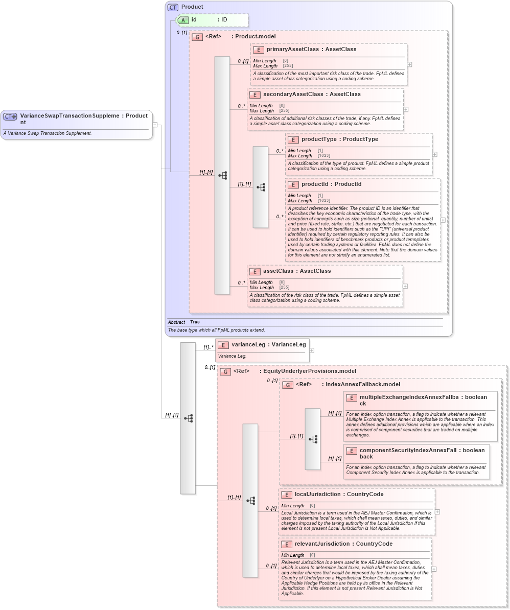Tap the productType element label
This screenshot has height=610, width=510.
click(319, 139)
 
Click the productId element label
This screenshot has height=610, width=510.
click(317, 184)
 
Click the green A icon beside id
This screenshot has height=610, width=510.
click(183, 20)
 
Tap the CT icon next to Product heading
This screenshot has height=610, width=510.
click(173, 7)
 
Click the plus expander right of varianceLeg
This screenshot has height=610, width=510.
click(312, 350)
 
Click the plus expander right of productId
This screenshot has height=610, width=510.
click(443, 220)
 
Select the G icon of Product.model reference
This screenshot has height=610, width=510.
click(197, 37)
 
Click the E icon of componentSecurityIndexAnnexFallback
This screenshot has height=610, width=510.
click(351, 451)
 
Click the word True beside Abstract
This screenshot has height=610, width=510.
click(195, 322)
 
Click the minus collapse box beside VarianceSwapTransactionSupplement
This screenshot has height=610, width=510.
click(155, 124)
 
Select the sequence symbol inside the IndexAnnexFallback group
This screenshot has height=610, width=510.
click(313, 439)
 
